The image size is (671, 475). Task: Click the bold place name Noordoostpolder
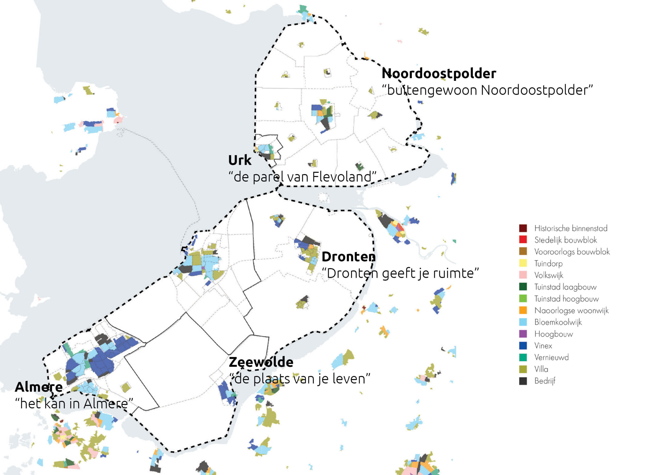tap(439, 73)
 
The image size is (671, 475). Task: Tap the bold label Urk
tap(240, 160)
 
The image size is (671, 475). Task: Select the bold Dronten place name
tap(348, 257)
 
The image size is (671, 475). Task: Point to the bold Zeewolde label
tap(261, 362)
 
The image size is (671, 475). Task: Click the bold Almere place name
tap(39, 387)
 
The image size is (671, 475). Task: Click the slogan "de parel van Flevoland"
tap(302, 177)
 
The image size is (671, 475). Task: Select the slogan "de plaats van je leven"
tap(300, 379)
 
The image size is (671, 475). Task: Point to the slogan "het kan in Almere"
tap(74, 404)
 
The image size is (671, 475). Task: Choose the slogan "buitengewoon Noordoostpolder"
tap(487, 90)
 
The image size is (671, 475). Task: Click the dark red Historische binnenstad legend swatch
tap(523, 228)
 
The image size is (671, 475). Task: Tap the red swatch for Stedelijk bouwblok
tap(523, 240)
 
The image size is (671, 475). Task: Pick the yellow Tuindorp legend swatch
tap(523, 263)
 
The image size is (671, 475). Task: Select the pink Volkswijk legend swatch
tap(523, 275)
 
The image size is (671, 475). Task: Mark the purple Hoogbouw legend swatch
tap(523, 334)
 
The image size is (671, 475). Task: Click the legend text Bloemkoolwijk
tap(558, 322)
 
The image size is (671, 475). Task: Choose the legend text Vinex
tap(543, 346)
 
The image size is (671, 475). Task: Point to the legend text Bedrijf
tap(544, 381)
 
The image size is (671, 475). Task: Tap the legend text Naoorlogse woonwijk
tap(571, 310)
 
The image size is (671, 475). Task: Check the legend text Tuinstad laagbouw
tap(565, 287)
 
